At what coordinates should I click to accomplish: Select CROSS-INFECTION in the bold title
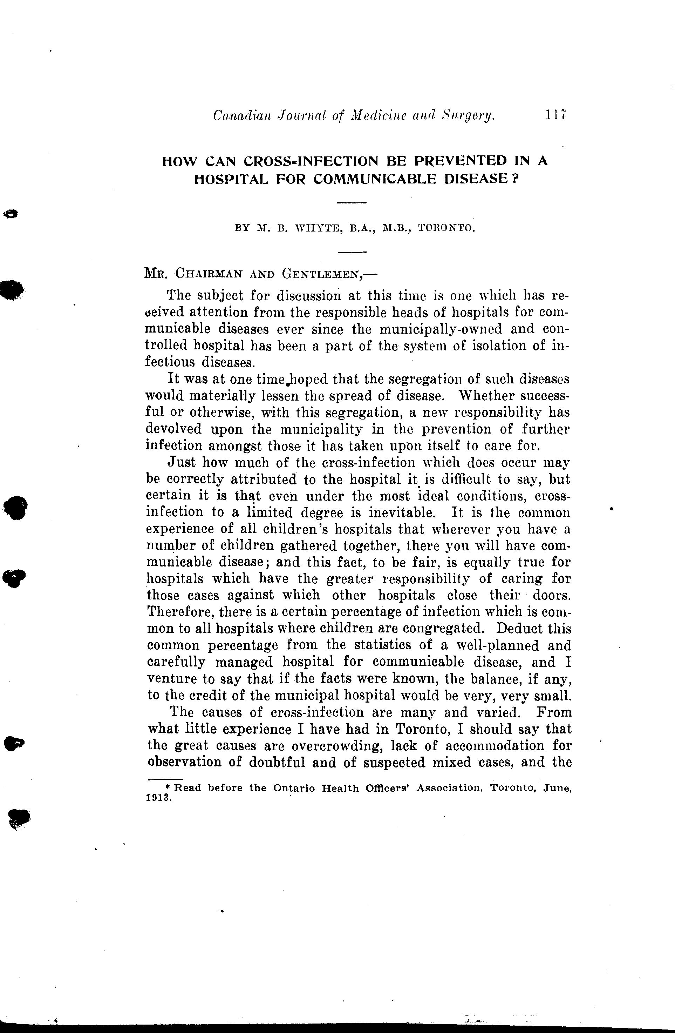[x=313, y=161]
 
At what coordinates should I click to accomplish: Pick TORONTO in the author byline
[x=447, y=227]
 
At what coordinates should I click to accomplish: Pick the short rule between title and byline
[x=352, y=203]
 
